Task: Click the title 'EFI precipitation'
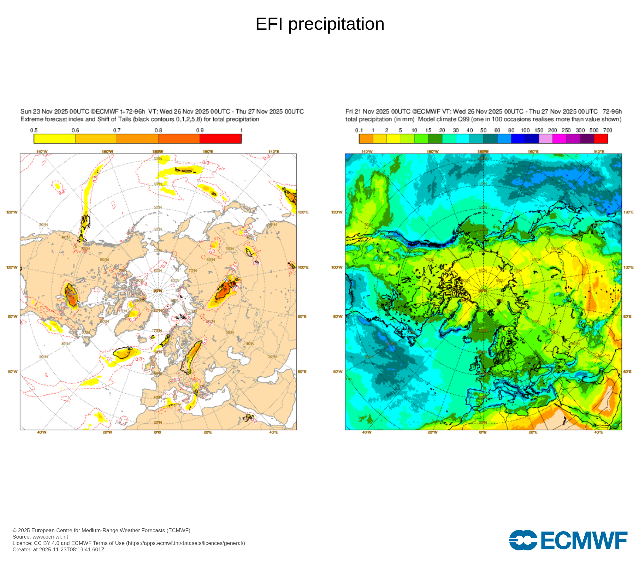coord(320,24)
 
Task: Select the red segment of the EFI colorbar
coord(220,139)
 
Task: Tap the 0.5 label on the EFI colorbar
coord(34,130)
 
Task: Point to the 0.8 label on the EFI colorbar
coord(158,130)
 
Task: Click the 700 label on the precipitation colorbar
coord(607,130)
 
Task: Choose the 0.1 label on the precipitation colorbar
coord(359,130)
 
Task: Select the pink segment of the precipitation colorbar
coord(546,139)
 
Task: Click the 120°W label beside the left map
coord(12,212)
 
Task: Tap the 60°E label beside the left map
coord(302,372)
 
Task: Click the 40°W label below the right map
coord(367,432)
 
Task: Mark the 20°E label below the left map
coord(208,432)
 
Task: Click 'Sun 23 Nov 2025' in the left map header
coord(44,111)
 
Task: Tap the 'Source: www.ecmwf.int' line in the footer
coord(40,537)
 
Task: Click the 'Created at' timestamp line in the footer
coord(58,549)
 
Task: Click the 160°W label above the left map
coord(107,151)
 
